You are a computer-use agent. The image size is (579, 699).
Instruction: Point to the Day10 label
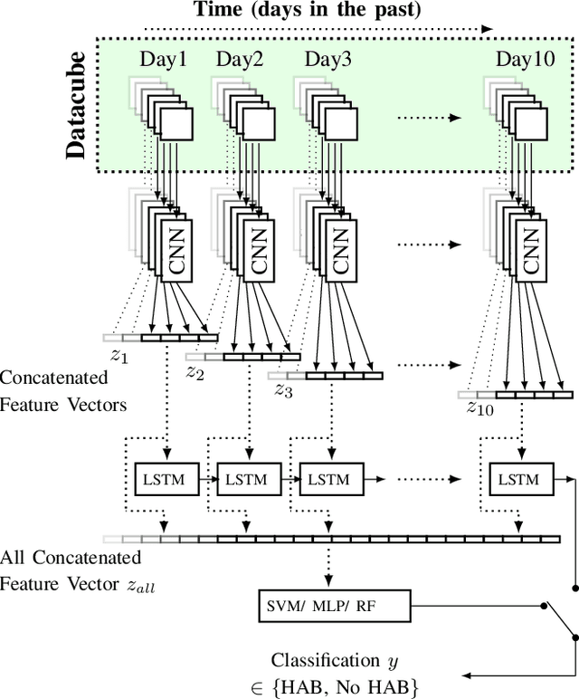click(525, 60)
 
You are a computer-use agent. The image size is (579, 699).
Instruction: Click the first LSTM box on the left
click(167, 480)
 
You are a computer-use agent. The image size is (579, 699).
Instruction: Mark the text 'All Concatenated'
click(71, 557)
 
